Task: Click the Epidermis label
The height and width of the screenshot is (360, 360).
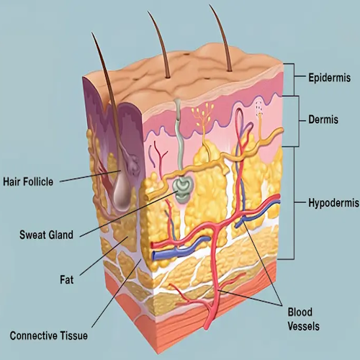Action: (329, 78)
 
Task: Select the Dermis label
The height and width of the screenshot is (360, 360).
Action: (323, 120)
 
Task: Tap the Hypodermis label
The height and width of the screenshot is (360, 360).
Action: (333, 203)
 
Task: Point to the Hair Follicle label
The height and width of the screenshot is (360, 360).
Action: (28, 181)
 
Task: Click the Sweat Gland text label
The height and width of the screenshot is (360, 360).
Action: (46, 235)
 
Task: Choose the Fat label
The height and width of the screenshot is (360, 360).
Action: (66, 279)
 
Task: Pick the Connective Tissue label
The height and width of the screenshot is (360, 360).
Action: (49, 336)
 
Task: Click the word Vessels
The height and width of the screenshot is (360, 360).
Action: (304, 326)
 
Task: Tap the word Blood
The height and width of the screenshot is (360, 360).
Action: (300, 312)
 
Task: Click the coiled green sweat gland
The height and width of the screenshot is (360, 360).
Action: (181, 190)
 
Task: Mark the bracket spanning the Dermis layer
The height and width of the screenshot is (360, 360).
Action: (298, 120)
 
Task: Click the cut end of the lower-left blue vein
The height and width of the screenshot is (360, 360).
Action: (155, 256)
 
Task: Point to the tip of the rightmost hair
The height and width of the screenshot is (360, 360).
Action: (210, 4)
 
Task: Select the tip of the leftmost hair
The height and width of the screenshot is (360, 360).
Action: (91, 32)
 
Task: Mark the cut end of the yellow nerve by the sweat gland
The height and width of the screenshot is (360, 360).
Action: (146, 196)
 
